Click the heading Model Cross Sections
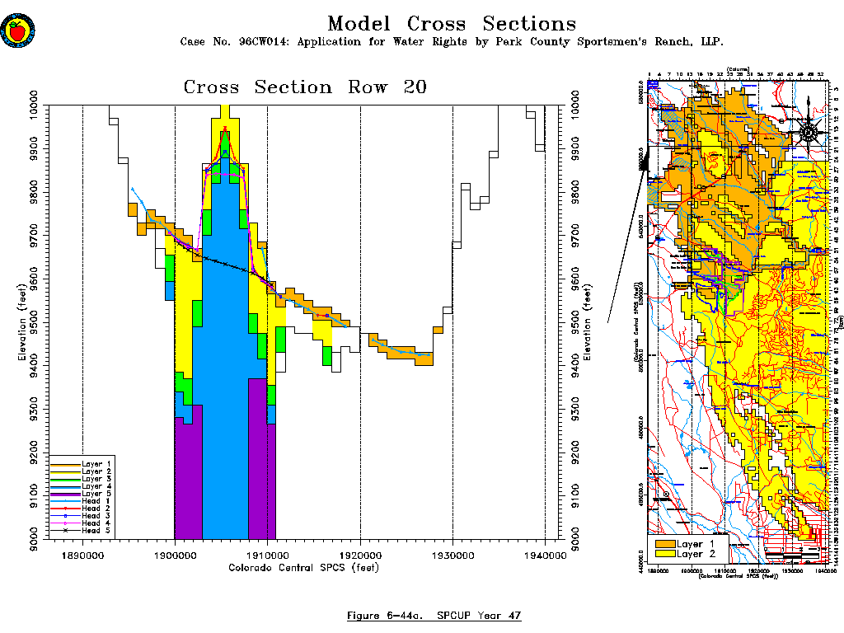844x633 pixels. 452,24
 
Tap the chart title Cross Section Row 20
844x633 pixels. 305,87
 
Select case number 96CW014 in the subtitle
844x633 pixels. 263,42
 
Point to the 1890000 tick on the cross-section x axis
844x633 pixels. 82,556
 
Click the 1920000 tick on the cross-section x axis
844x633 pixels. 360,556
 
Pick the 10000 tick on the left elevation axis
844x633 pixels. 36,105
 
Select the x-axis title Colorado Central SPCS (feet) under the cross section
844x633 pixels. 302,567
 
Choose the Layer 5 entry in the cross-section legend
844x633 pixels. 82,494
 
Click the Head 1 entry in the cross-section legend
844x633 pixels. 82,501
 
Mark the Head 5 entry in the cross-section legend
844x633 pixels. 82,531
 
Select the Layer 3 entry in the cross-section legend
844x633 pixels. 82,479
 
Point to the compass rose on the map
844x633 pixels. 809,131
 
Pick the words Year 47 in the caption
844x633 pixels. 503,616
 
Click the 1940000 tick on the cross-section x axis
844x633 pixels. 545,556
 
